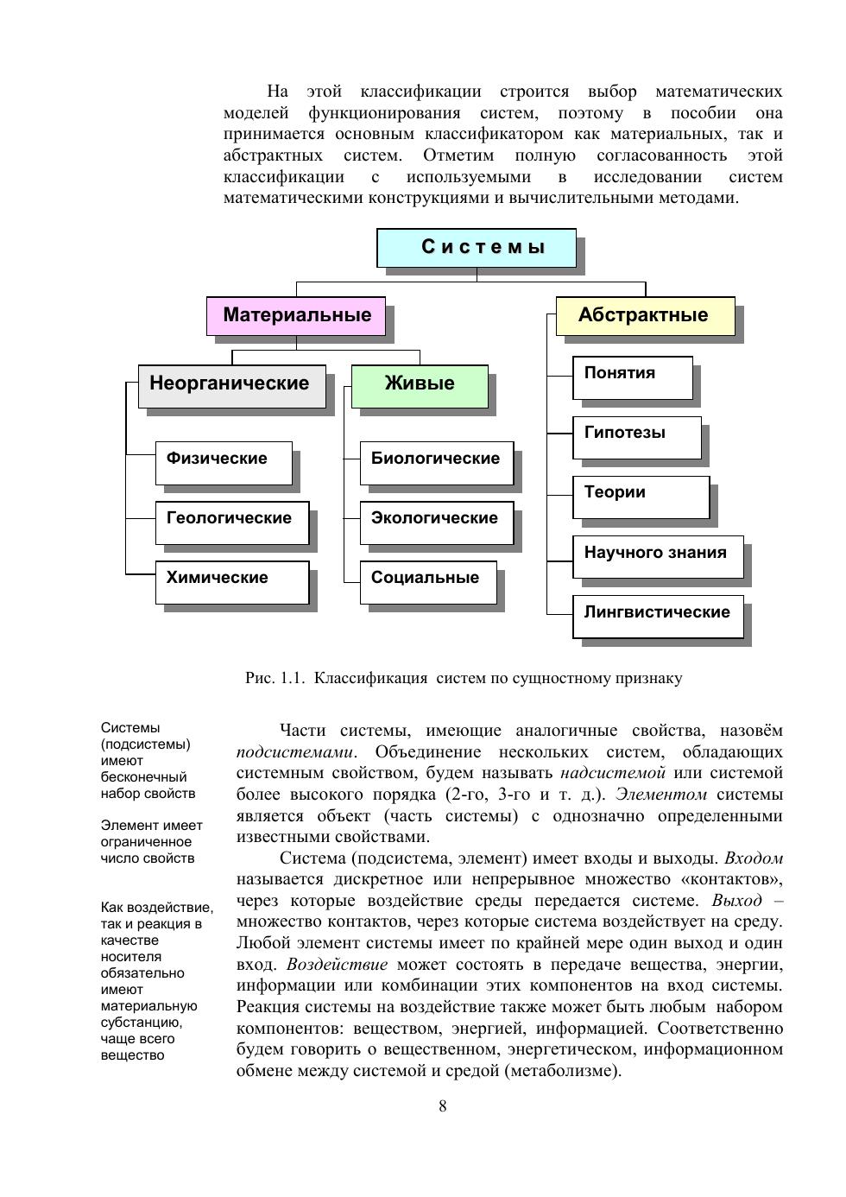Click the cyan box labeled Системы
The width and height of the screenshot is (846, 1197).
[477, 248]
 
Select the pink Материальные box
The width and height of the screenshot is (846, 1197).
[296, 315]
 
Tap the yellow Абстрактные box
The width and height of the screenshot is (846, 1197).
[645, 315]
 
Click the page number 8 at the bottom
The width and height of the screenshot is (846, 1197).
[443, 1106]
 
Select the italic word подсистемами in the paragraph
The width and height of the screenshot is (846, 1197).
[294, 751]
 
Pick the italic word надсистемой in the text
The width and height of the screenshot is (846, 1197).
[613, 773]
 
